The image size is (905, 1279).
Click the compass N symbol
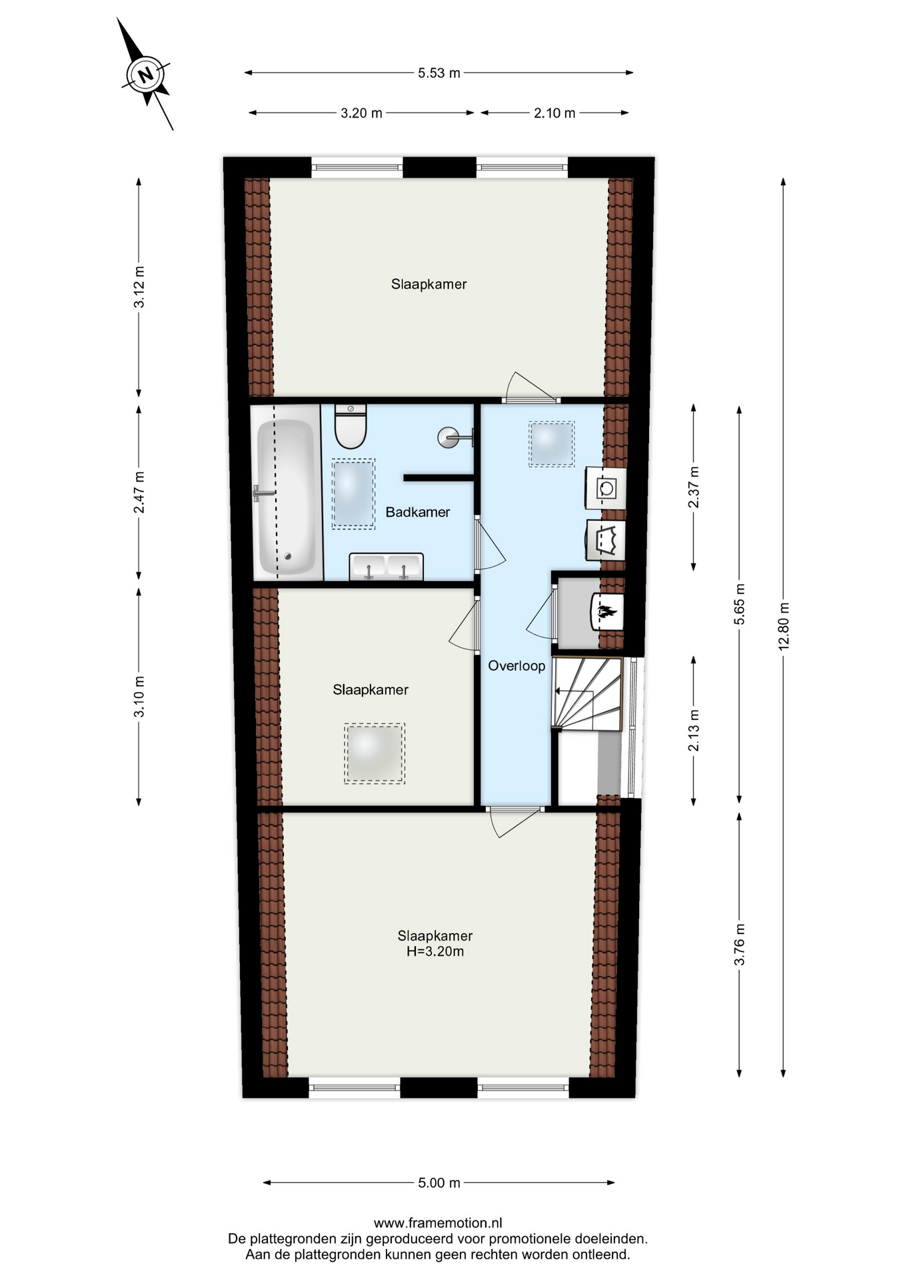click(x=146, y=74)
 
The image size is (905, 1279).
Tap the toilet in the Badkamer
click(x=351, y=426)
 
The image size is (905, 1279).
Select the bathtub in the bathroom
click(x=286, y=491)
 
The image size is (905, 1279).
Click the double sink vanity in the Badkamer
click(x=387, y=567)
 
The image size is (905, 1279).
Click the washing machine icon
click(x=606, y=488)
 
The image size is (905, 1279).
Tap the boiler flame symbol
click(x=607, y=611)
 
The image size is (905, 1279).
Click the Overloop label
click(x=516, y=665)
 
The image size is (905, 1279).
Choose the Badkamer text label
click(x=418, y=512)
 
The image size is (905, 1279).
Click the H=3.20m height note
click(x=435, y=951)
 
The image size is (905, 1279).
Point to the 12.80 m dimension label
click(x=784, y=626)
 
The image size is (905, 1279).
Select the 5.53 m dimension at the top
click(x=439, y=73)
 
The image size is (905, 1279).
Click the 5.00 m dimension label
click(x=439, y=1182)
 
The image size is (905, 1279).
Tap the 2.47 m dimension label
click(x=139, y=492)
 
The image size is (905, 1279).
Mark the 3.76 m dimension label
click(x=739, y=945)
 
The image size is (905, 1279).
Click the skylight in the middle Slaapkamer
click(x=375, y=753)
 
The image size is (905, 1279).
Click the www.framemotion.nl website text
click(x=438, y=1222)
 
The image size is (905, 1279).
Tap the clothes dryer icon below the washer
click(x=606, y=540)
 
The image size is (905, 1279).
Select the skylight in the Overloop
click(x=552, y=444)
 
